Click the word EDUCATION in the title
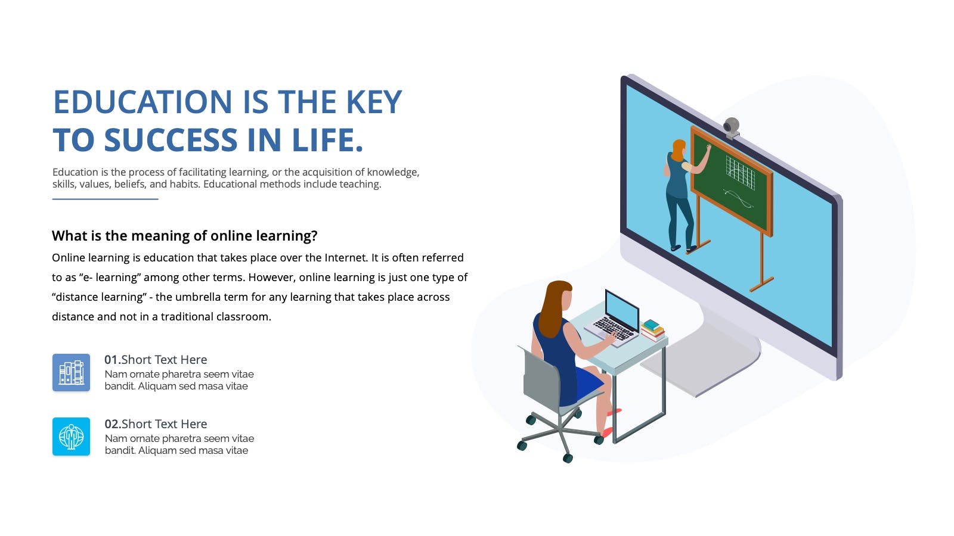143,102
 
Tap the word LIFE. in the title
327,139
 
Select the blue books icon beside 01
71,372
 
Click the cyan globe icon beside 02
71,437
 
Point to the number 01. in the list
113,360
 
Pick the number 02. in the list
113,424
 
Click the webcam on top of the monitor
731,128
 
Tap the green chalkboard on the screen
731,181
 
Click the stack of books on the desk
653,330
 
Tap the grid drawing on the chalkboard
741,172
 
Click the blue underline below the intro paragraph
105,199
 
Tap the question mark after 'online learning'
314,236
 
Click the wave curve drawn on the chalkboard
738,199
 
